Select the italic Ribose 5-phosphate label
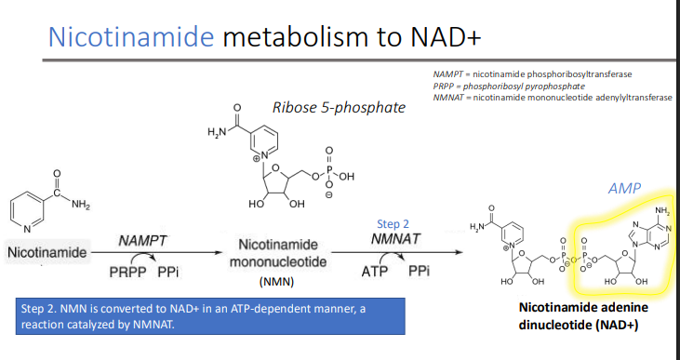point(339,107)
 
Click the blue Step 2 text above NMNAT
point(393,223)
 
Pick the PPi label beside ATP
point(419,273)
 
